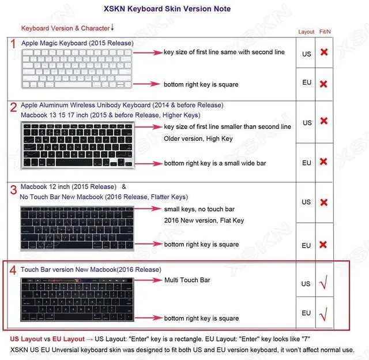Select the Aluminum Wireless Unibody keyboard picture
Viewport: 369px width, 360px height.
[78, 146]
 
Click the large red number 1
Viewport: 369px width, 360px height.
[13, 44]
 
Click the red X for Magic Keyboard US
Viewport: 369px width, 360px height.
[324, 52]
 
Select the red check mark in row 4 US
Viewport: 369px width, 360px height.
[324, 283]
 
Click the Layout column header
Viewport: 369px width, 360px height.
[306, 32]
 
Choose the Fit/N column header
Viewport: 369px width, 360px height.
[325, 32]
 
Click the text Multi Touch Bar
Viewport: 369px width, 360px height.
[187, 280]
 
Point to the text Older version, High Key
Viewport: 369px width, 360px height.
[198, 138]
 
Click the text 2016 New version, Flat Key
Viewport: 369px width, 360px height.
[204, 220]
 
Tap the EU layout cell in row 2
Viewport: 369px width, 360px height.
[307, 163]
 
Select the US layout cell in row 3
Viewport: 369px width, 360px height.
[307, 202]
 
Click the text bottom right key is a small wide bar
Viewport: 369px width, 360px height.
[215, 163]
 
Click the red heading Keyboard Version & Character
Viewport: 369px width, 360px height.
[65, 28]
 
